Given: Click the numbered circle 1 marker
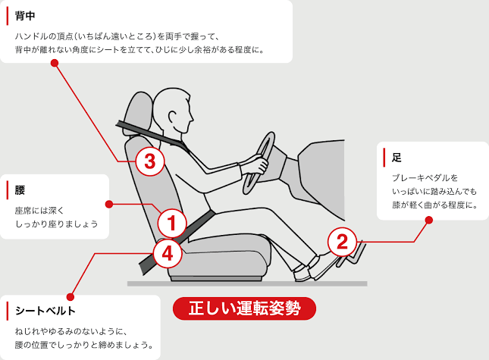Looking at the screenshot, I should click(x=172, y=223).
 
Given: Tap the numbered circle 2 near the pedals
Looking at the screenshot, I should click(x=342, y=242).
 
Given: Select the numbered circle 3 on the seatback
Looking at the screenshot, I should click(x=149, y=160).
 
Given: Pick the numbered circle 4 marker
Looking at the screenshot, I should click(x=168, y=254).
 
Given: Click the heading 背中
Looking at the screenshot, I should click(x=25, y=15).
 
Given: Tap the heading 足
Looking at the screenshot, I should click(x=397, y=158).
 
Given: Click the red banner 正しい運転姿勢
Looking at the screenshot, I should click(x=243, y=309).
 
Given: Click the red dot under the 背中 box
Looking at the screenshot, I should click(x=54, y=64).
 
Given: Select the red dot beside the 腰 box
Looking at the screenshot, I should click(x=109, y=204).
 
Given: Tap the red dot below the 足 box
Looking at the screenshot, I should click(x=428, y=221).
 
